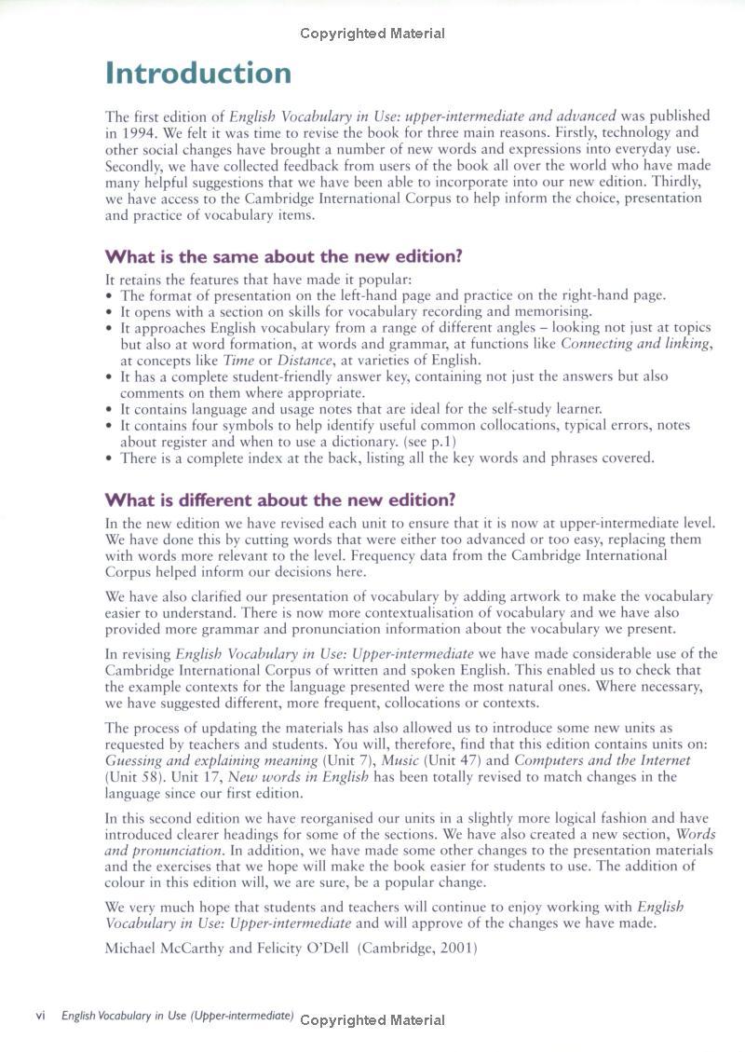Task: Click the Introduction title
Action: pyautogui.click(x=198, y=73)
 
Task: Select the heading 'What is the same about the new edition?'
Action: pyautogui.click(x=283, y=256)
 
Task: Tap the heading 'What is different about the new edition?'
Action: pyautogui.click(x=279, y=500)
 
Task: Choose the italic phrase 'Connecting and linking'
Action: pyautogui.click(x=636, y=344)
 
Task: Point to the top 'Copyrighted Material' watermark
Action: pyautogui.click(x=372, y=34)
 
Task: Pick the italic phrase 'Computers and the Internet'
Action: pyautogui.click(x=602, y=760)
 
